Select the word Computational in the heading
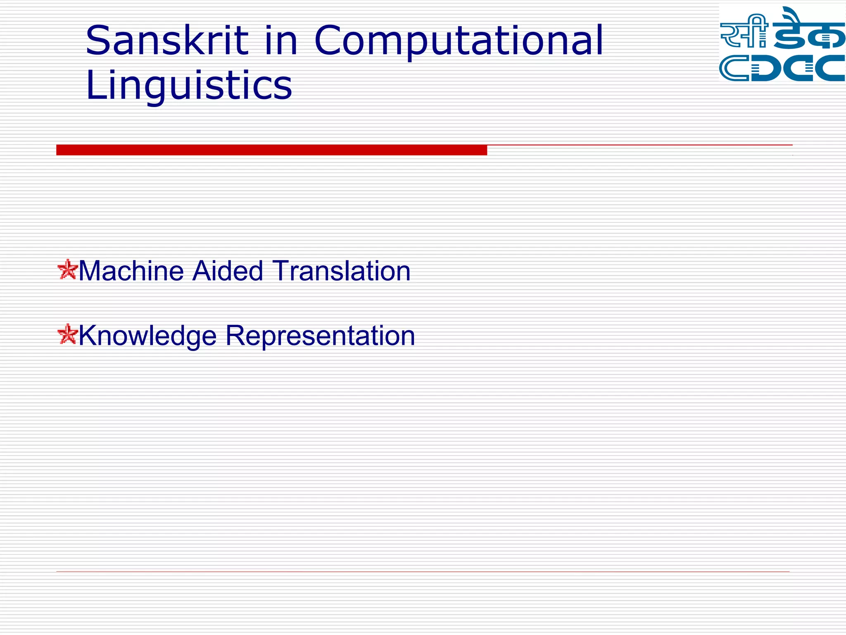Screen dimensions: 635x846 (x=459, y=41)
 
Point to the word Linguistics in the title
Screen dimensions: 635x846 (x=189, y=86)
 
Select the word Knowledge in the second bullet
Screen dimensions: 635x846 (x=147, y=336)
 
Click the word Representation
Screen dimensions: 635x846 (x=320, y=336)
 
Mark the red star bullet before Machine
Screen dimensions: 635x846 (x=67, y=270)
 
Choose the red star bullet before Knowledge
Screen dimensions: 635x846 (x=67, y=334)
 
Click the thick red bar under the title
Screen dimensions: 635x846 (x=271, y=150)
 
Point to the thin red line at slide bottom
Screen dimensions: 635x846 (x=422, y=572)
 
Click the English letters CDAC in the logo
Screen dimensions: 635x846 (x=782, y=68)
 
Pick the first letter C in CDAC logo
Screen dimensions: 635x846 (x=733, y=68)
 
